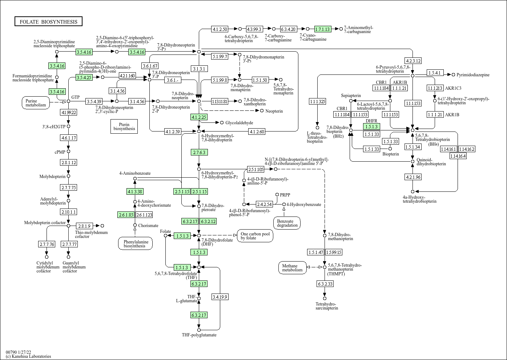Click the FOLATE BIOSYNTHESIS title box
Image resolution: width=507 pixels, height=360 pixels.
coord(48,22)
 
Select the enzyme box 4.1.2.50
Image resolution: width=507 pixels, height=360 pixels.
coord(220,29)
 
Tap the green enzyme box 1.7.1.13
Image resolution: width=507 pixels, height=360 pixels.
coord(322,29)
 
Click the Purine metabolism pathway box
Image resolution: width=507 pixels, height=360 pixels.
coord(36,103)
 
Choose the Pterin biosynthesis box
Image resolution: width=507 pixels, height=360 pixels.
coord(124,126)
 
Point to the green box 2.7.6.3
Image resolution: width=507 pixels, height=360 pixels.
coord(199,152)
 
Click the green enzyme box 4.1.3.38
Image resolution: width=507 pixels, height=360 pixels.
coord(135,191)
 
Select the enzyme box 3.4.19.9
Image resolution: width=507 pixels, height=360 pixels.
coord(220,297)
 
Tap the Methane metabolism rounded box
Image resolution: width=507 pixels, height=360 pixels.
coord(292,268)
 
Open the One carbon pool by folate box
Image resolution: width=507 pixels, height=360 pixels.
coord(255,236)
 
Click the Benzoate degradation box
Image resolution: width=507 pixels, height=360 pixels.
coord(287,223)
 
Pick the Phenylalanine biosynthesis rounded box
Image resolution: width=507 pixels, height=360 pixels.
coord(134,243)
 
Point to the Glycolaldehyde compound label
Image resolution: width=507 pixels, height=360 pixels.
coord(239,123)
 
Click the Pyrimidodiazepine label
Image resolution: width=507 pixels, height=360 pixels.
coord(473,75)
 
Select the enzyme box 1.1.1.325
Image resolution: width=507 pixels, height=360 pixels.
coord(317,101)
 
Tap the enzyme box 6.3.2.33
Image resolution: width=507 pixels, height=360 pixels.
coord(325,284)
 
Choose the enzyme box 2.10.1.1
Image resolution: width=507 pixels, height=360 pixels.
coord(68,212)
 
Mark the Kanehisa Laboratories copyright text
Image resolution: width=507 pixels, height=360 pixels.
coord(28,356)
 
